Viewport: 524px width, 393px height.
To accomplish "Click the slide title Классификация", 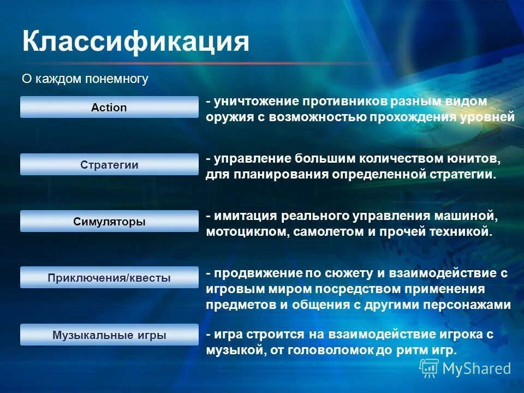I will click(x=135, y=42).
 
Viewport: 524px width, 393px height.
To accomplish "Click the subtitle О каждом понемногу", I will click(x=85, y=79).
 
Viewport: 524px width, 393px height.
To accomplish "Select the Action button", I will click(x=109, y=108).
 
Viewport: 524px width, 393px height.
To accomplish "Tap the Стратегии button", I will click(x=109, y=165).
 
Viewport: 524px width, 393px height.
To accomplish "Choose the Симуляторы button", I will click(x=109, y=222).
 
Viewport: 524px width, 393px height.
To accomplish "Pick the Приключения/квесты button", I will click(x=109, y=278).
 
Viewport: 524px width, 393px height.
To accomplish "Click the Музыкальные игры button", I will click(x=109, y=335).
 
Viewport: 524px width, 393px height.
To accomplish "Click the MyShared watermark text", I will click(x=476, y=369).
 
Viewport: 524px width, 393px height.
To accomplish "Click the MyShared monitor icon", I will click(x=429, y=368).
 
